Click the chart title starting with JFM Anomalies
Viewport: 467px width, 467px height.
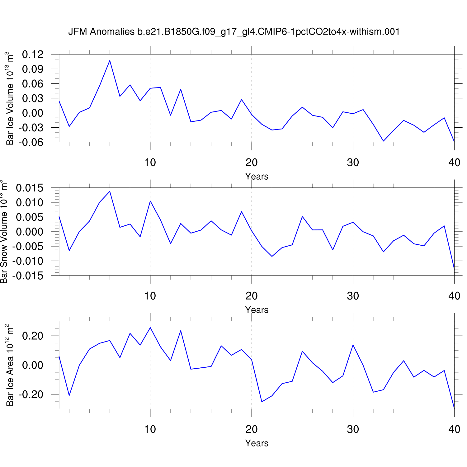point(234,32)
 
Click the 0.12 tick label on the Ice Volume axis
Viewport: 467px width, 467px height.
point(33,54)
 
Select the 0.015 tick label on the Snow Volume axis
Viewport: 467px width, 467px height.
point(30,188)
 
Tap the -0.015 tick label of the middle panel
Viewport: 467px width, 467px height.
point(28,276)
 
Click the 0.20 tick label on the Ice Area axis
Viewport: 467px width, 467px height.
point(33,336)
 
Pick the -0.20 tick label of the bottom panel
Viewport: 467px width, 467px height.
point(31,394)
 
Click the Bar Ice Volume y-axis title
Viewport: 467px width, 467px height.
point(10,98)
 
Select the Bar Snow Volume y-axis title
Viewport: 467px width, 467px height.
point(4,232)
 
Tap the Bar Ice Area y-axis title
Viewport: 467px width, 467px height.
point(10,365)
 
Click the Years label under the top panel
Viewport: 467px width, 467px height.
point(257,177)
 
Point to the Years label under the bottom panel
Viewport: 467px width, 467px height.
point(257,443)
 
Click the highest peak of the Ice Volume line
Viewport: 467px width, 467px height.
point(110,60)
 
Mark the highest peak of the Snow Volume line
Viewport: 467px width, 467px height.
point(110,191)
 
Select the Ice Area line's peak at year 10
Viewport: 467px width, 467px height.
point(150,328)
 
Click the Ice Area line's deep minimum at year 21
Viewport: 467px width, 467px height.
point(262,402)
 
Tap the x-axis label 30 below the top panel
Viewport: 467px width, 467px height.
point(353,163)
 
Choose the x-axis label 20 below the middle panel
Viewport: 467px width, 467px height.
point(252,296)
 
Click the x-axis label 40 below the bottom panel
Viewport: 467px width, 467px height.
point(454,430)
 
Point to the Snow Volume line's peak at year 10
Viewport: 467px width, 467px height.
point(150,201)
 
